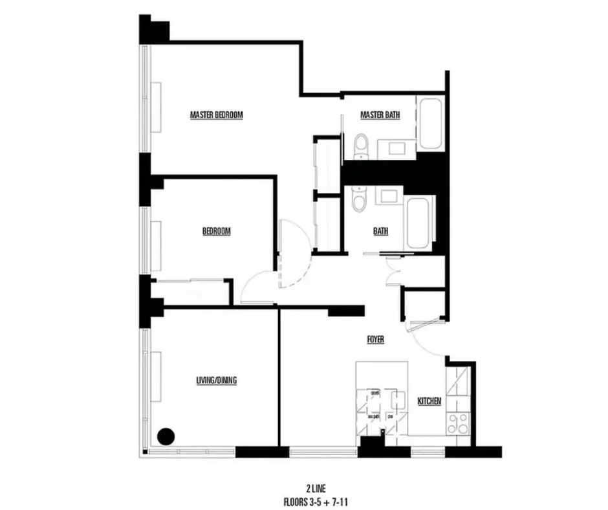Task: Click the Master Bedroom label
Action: pos(216,115)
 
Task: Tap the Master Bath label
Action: pos(380,115)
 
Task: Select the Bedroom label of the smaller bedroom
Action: pos(217,231)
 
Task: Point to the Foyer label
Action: pos(375,339)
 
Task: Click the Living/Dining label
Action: pos(216,381)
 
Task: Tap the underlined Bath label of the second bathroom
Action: pos(380,231)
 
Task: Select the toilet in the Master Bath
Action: pos(361,146)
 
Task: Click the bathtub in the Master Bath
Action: pos(430,124)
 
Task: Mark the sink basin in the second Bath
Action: pos(390,195)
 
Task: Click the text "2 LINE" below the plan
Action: pos(313,487)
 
